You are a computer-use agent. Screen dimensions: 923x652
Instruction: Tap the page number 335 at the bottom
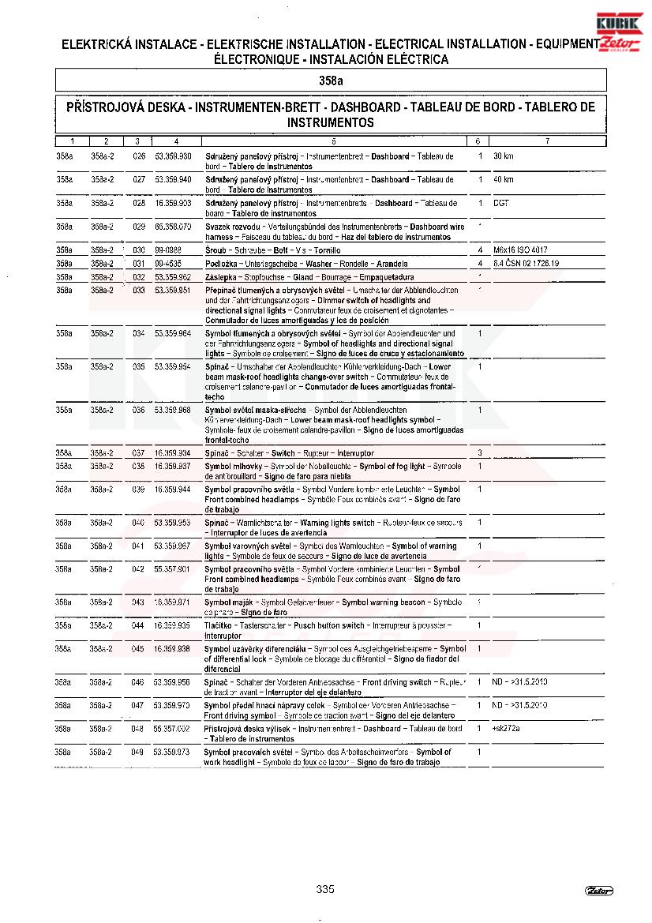325,889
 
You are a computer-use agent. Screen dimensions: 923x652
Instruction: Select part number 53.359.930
173,156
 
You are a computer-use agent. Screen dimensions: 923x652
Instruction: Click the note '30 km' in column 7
504,156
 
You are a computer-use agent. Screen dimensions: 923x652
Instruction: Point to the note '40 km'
504,180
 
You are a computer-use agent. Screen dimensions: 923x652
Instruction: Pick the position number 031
139,264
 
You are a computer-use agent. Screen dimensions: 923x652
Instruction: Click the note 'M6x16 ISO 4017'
519,250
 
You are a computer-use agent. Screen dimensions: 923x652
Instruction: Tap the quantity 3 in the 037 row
480,453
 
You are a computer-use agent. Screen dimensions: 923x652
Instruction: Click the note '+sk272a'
506,729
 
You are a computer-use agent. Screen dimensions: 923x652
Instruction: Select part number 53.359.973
172,752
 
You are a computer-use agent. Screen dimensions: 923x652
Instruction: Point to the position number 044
138,625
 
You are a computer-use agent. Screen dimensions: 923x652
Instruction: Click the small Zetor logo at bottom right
599,891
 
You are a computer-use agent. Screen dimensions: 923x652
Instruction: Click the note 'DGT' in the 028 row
500,204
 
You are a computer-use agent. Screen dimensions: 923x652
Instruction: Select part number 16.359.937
172,467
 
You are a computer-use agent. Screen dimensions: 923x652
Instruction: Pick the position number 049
138,752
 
